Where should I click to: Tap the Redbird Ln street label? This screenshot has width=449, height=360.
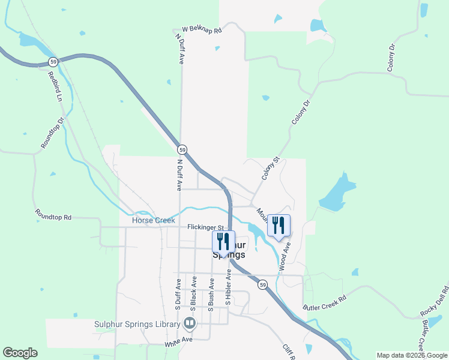click(x=56, y=86)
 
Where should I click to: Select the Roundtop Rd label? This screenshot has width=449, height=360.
click(x=53, y=214)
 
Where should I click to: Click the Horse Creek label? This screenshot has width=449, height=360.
click(x=153, y=221)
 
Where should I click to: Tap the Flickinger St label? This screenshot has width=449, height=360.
click(x=205, y=227)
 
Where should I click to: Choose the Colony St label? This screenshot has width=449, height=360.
click(x=271, y=169)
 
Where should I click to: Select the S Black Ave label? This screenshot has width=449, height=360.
click(x=194, y=292)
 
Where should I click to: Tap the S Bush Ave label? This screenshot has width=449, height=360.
click(x=211, y=292)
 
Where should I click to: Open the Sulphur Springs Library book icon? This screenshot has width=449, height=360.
click(x=190, y=324)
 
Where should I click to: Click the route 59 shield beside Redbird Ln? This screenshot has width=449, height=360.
click(x=53, y=62)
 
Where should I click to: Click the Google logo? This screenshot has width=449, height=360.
click(x=20, y=353)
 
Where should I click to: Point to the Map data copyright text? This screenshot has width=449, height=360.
click(x=411, y=355)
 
